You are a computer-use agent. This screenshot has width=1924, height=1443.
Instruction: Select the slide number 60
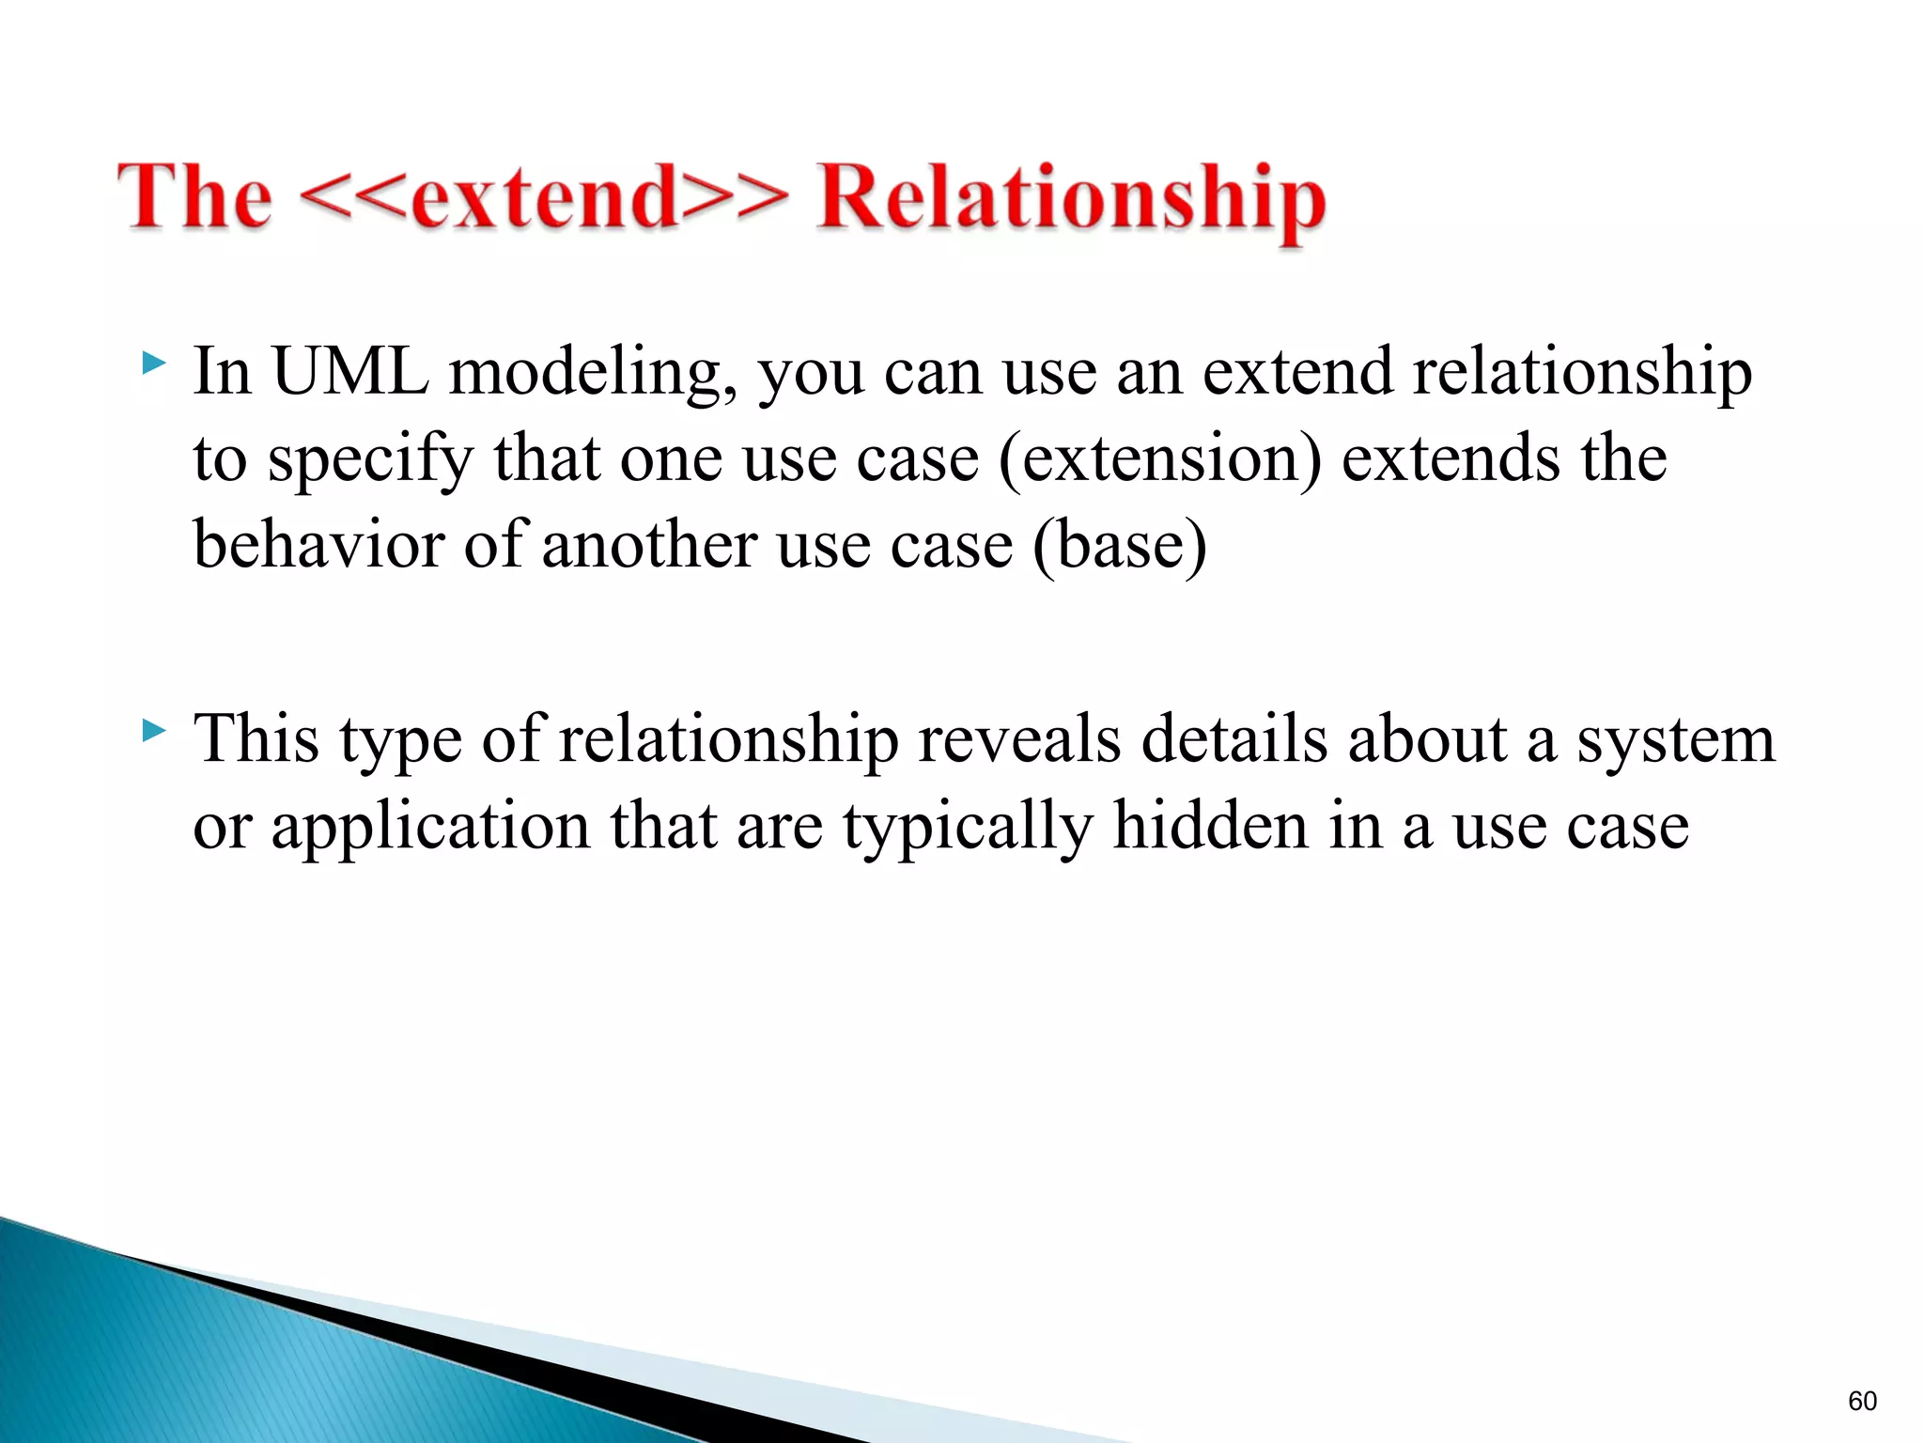click(x=1862, y=1401)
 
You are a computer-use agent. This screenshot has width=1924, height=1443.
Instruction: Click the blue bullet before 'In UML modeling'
click(x=154, y=365)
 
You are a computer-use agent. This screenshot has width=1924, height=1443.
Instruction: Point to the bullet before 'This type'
click(x=154, y=730)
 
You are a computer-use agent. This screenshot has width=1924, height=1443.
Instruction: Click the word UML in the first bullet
click(x=350, y=371)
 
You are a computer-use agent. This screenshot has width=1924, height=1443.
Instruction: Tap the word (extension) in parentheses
click(x=1160, y=460)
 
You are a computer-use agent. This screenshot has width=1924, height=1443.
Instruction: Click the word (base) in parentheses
click(x=1119, y=547)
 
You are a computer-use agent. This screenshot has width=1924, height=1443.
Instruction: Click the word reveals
click(x=1019, y=739)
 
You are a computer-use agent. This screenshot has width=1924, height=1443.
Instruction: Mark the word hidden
click(x=1211, y=825)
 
